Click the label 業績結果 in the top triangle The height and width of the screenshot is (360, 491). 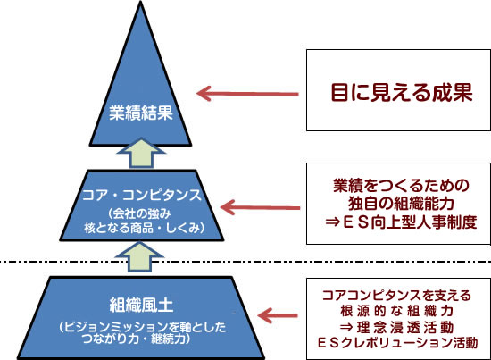pos(141,113)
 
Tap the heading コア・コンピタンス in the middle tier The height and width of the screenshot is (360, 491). pos(142,195)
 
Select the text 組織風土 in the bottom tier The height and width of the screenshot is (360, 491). pos(141,305)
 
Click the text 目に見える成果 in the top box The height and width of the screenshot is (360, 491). pos(402,92)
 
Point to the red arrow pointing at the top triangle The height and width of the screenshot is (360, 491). pos(247,94)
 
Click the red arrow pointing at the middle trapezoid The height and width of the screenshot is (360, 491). pos(260,207)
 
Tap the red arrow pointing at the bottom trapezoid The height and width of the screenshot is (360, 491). pos(278,315)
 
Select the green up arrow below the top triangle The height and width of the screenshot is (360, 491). pos(141,154)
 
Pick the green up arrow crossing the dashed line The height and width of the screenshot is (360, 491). pos(140,257)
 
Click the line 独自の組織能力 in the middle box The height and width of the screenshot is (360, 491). pos(401,204)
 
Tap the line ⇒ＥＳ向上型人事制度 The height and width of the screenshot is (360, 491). pos(401,222)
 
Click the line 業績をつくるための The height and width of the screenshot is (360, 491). pos(401,186)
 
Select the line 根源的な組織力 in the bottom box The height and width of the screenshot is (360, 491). pos(397,311)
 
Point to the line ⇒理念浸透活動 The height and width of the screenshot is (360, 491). pos(396,328)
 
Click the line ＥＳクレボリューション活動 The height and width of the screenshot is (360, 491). pos(397,343)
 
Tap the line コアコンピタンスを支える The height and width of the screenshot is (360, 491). pos(396,296)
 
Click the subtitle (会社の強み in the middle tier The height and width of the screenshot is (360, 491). pos(139,214)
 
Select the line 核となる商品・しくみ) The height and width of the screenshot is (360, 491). pos(145,228)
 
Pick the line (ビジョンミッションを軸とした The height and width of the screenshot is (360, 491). pos(143,327)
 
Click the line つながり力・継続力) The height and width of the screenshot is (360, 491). pos(137,339)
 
